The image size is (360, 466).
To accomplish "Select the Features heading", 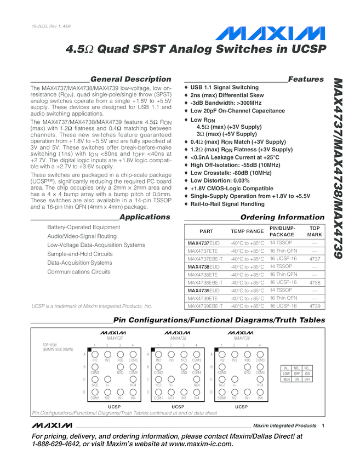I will [306, 79].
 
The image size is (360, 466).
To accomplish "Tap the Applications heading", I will [145, 217].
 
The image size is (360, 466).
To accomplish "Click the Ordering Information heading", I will [282, 217].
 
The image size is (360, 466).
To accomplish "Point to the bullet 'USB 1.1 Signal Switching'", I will [224, 87].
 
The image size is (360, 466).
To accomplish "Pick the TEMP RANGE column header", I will [247, 231].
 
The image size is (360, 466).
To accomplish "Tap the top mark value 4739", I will [315, 306].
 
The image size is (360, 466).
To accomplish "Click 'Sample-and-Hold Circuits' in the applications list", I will [80, 254].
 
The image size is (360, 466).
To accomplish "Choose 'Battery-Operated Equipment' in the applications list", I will [84, 227].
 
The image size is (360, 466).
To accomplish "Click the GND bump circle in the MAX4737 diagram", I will [120, 366].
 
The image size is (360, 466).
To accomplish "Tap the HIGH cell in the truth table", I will [286, 379].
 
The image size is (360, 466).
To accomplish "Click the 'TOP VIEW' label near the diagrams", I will [50, 345].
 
